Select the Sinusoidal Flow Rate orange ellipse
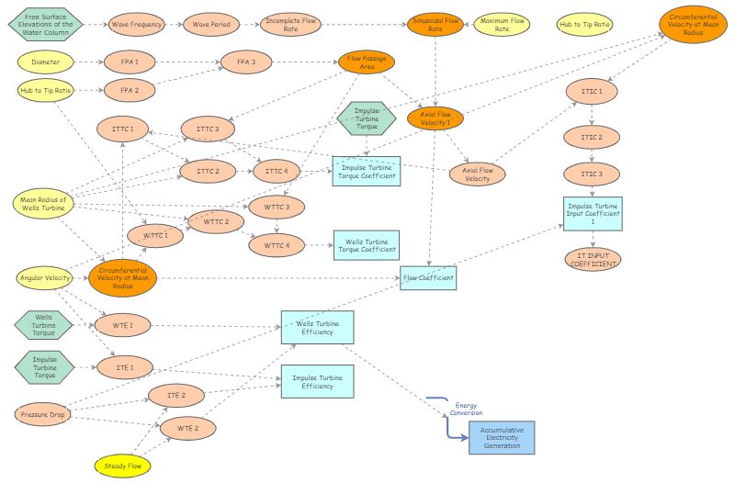435,24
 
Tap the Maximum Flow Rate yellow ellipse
502,24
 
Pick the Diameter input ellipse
45,63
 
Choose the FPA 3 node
247,62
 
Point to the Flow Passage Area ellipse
367,62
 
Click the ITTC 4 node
277,171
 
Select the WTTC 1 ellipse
155,235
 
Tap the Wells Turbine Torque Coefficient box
366,243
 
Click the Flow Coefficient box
428,276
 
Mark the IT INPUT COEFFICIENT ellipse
593,259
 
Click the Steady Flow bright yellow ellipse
123,466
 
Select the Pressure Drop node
45,414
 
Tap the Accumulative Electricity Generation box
501,437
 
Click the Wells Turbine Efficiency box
317,328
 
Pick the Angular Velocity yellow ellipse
45,277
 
